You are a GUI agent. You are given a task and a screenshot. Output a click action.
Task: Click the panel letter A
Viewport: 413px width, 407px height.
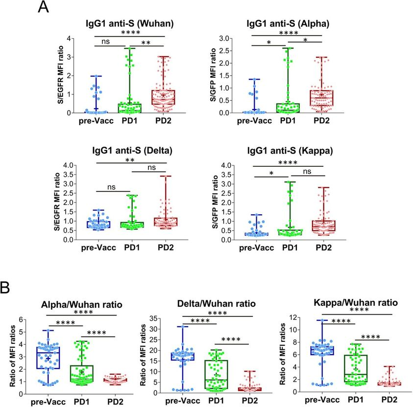(44, 8)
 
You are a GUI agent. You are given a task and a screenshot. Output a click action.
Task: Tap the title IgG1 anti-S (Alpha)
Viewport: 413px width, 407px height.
(288, 25)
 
